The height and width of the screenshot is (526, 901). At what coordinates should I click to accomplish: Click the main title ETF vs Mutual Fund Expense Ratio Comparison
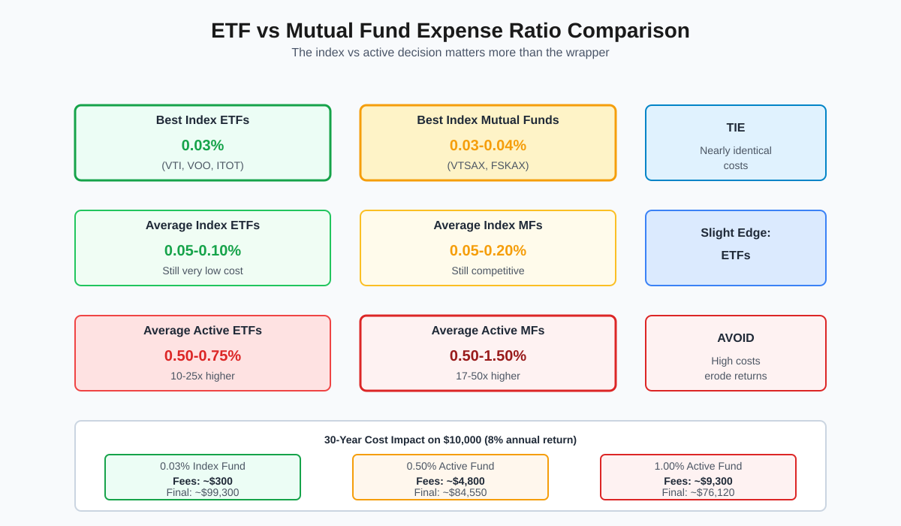(450, 31)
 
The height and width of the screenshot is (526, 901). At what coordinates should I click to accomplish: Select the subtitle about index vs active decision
(450, 53)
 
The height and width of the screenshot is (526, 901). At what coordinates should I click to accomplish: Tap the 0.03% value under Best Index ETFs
(203, 145)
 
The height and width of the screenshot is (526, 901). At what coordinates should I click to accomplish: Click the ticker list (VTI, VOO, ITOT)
(203, 165)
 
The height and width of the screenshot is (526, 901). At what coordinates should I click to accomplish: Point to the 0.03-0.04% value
(488, 145)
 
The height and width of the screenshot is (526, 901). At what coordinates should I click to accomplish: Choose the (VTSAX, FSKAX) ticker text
(488, 165)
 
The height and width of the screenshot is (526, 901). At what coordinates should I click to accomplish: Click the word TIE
(736, 128)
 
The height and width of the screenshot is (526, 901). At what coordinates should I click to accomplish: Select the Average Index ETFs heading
(203, 225)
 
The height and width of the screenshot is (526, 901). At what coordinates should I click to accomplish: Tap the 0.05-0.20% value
(488, 250)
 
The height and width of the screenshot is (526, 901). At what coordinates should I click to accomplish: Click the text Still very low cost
(203, 271)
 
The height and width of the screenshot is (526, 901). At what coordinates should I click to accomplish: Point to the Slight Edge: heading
(736, 233)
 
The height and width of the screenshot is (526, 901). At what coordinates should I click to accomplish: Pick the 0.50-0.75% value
(203, 355)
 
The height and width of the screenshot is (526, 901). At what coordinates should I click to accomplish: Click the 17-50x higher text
(488, 376)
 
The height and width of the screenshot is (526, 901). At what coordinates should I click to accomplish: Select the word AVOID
(736, 338)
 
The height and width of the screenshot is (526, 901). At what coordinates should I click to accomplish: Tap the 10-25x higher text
(203, 376)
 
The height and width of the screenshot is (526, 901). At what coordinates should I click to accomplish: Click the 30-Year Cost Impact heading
(450, 440)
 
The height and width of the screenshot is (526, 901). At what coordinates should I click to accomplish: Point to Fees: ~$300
(203, 481)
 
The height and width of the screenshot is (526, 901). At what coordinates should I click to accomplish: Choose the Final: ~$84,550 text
(450, 493)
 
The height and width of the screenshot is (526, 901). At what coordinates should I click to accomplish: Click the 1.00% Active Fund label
(698, 466)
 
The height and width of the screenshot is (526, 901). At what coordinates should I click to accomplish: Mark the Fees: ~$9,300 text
(698, 481)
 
